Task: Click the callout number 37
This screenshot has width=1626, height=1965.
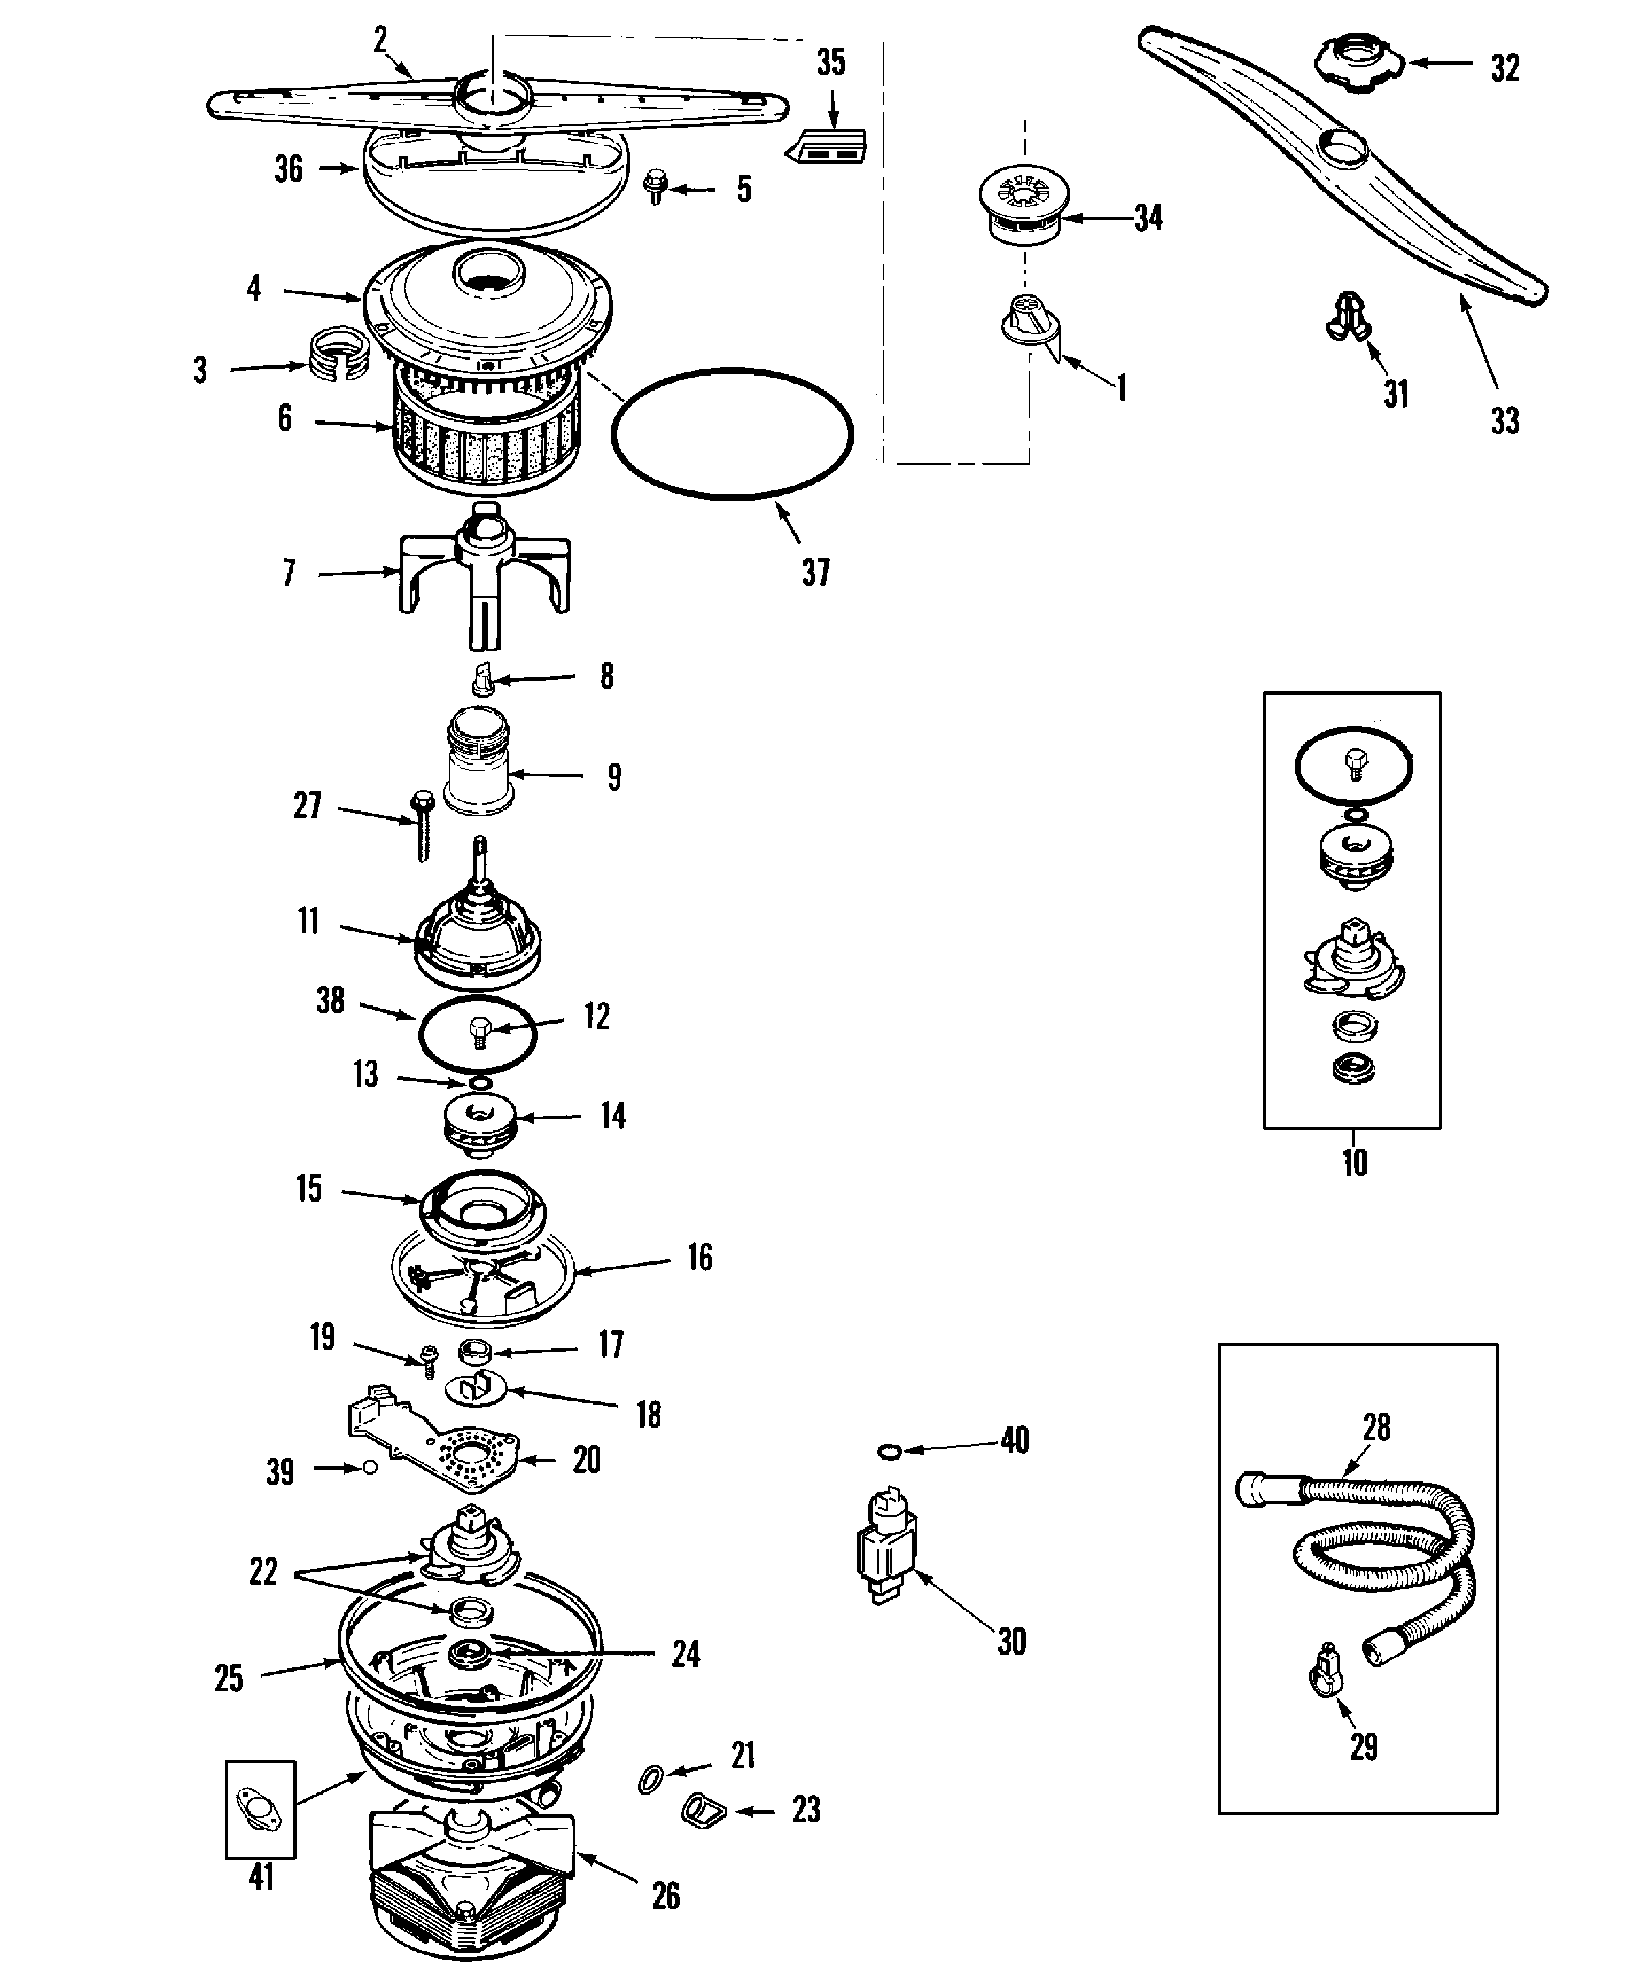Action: (x=816, y=573)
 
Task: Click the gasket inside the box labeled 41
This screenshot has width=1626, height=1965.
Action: (x=260, y=1808)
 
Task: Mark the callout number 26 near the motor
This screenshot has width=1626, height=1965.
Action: (x=665, y=1896)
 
